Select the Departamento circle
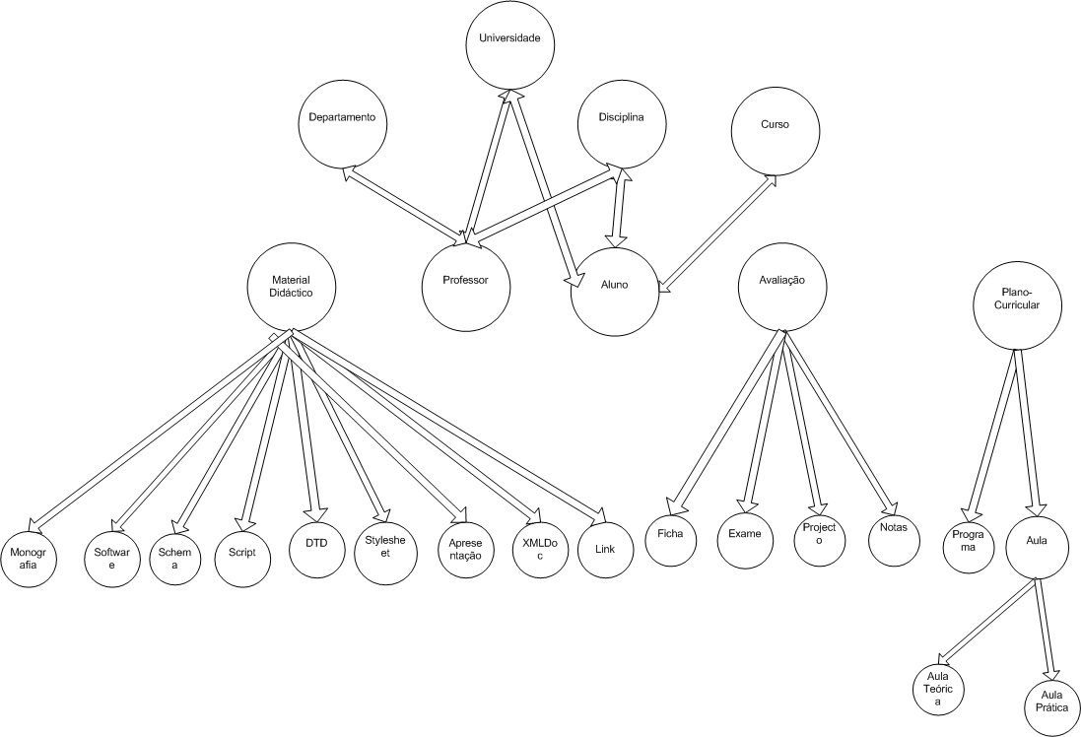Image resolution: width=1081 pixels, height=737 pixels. coord(342,124)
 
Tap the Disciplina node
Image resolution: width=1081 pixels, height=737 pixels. coord(620,124)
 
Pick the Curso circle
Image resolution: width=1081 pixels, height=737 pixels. coord(775,133)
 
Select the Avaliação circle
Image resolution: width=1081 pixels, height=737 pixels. coord(784,286)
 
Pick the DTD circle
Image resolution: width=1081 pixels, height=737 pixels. coord(316,543)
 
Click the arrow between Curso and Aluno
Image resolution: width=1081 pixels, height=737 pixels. coord(716,234)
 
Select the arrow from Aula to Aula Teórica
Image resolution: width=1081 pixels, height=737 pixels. coord(987,618)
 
